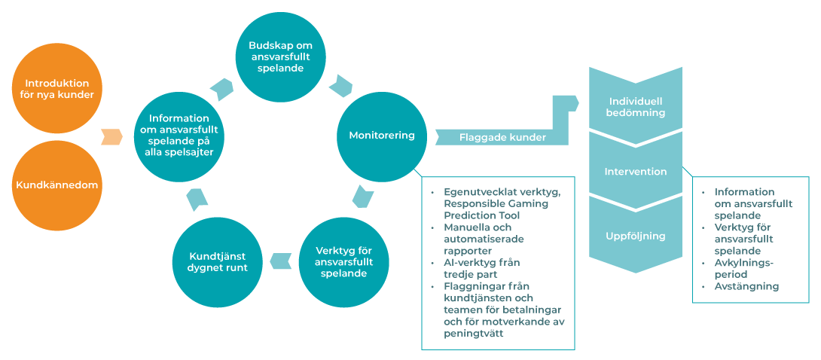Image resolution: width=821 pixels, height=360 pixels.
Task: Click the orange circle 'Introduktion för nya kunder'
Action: click(x=57, y=89)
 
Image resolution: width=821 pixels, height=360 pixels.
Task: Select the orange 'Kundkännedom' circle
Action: click(x=57, y=185)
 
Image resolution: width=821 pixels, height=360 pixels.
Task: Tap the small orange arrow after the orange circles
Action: click(x=111, y=137)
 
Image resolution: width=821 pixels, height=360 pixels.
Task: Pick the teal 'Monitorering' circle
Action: click(x=381, y=136)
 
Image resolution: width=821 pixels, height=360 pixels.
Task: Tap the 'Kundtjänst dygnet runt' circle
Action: click(x=218, y=261)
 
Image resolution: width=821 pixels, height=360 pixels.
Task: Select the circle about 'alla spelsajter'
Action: click(x=179, y=136)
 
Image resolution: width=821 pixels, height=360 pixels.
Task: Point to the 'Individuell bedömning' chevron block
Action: click(x=636, y=106)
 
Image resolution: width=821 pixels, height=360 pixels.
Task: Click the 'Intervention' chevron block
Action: click(x=636, y=172)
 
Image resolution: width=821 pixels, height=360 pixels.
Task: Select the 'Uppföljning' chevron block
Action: click(x=636, y=236)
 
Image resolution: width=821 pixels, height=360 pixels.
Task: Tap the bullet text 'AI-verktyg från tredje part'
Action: click(x=482, y=268)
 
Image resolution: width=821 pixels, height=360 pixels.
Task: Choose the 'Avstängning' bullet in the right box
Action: click(x=746, y=286)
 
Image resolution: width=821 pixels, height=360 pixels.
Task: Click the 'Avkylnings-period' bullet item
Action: click(x=746, y=269)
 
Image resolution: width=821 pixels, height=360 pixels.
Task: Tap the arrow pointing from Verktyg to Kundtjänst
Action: click(x=281, y=261)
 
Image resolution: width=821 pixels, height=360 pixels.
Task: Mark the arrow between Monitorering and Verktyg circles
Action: click(x=362, y=197)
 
